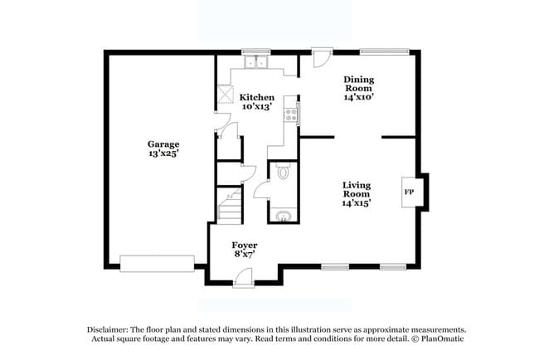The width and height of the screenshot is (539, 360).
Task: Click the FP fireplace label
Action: pyautogui.click(x=408, y=192)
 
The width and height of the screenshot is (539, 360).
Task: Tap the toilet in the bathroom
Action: pyautogui.click(x=284, y=173)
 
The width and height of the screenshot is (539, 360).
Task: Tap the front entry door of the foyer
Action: pyautogui.click(x=243, y=282)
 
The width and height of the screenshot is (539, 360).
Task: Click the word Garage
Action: pyautogui.click(x=163, y=144)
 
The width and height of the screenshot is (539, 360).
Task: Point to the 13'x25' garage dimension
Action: pyautogui.click(x=163, y=153)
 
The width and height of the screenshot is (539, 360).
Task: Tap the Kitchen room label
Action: pyautogui.click(x=257, y=97)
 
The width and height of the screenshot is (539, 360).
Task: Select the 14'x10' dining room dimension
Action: pyautogui.click(x=359, y=97)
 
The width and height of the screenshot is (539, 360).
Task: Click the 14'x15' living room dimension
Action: pyautogui.click(x=357, y=202)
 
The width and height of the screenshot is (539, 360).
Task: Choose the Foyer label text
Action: pyautogui.click(x=245, y=246)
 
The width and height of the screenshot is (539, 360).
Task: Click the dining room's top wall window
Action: pyautogui.click(x=383, y=51)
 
